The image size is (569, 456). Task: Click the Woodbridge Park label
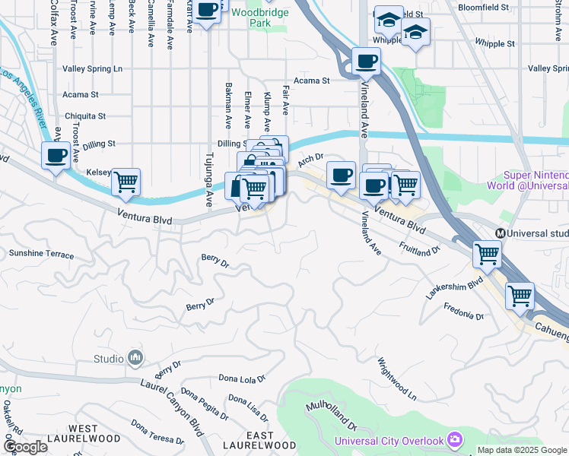click(251, 18)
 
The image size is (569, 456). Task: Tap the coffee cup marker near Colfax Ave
click(55, 156)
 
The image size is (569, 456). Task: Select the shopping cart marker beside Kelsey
click(126, 182)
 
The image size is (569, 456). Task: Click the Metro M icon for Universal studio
click(501, 233)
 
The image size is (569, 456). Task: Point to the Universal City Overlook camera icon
click(455, 440)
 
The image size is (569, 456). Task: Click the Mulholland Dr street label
click(331, 416)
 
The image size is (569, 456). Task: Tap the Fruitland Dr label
click(420, 249)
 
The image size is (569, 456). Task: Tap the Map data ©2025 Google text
click(521, 450)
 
